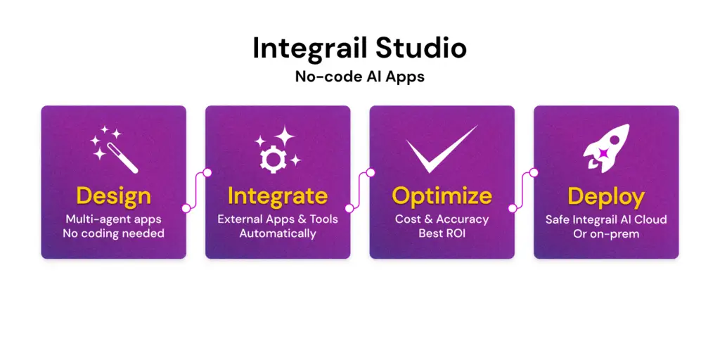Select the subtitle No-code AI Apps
point(359,76)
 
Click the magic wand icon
point(114,149)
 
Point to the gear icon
point(274,156)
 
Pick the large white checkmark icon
point(442,148)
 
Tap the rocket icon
point(605,148)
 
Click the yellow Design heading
point(113,197)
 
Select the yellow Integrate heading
point(278,197)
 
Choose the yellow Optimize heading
point(442,197)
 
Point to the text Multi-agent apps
point(113,219)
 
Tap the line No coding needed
point(113,233)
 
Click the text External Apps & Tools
point(278,219)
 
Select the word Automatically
point(278,233)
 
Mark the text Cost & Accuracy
point(442,219)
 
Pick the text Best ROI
point(442,233)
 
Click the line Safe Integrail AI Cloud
point(606,219)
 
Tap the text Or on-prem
point(606,233)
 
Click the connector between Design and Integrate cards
point(197,191)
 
